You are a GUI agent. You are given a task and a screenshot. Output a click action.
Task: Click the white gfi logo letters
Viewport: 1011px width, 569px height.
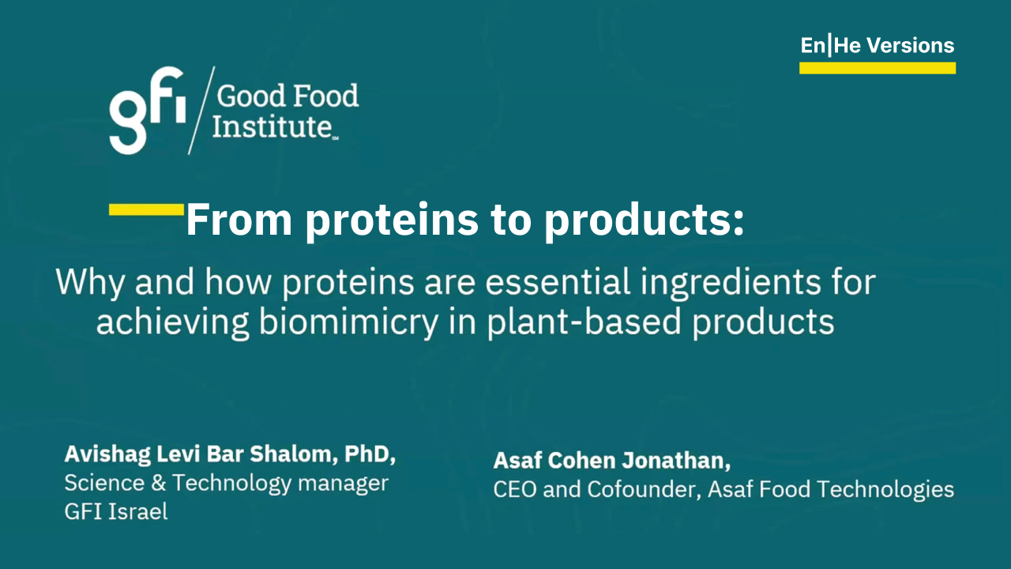147,111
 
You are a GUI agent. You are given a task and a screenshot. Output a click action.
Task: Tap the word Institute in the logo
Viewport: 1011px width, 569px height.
272,126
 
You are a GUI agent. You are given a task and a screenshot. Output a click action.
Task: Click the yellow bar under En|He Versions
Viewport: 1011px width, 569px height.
878,68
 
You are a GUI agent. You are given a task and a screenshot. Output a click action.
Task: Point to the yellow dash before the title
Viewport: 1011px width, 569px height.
147,209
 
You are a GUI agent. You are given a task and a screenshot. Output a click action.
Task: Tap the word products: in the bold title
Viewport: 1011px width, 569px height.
644,221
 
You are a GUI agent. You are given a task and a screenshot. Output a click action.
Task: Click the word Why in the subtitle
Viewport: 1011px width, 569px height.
90,283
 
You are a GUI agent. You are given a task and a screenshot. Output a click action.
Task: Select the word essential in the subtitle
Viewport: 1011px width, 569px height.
558,282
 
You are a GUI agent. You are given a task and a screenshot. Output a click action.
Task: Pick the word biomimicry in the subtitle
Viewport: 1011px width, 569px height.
349,322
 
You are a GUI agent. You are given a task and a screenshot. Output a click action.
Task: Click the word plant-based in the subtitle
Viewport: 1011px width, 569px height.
584,322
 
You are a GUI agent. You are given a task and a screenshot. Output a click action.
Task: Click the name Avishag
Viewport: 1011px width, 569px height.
107,454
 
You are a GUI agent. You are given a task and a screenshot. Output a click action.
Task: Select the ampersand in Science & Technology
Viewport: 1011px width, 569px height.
159,483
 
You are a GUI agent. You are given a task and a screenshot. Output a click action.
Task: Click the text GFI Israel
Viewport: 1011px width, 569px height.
116,512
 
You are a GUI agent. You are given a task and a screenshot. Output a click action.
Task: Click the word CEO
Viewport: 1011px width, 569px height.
514,489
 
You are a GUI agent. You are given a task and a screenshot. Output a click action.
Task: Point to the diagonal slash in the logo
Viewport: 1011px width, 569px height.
201,111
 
